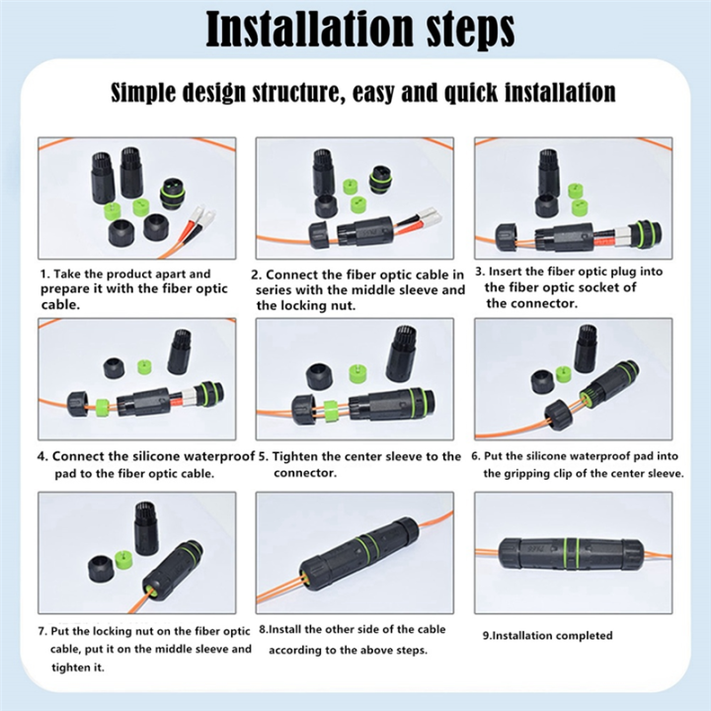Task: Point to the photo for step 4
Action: point(137,378)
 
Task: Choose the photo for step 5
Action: point(355,378)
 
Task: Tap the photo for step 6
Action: point(573,378)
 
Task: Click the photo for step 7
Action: point(137,553)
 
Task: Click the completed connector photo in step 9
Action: point(573,553)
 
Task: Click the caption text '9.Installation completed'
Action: point(547,635)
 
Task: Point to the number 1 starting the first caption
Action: point(43,274)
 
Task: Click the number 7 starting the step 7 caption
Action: point(42,631)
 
